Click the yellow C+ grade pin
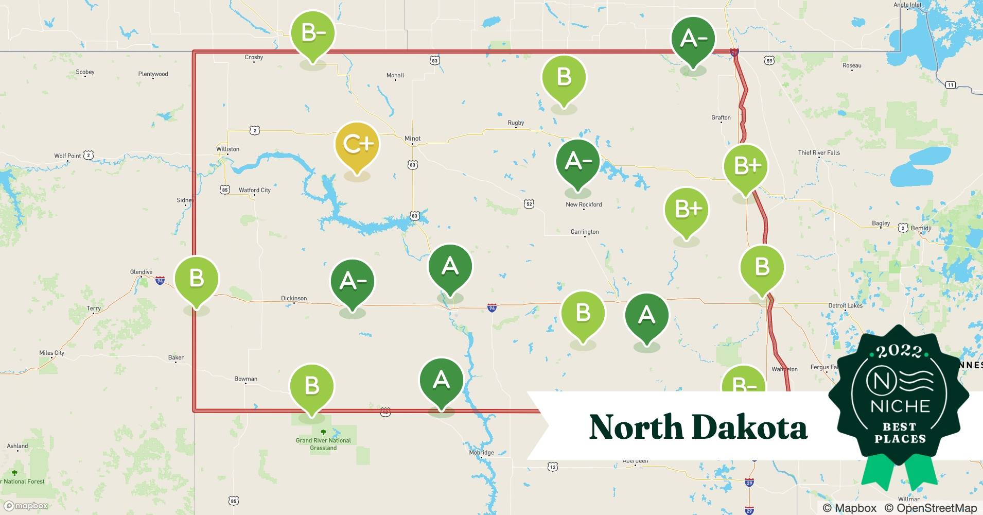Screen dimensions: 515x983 (357, 145)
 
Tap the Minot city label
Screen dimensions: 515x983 (412, 139)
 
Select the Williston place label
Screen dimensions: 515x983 (227, 149)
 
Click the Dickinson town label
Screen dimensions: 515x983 (294, 298)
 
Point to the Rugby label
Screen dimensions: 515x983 (516, 123)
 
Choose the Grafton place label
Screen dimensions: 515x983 (721, 117)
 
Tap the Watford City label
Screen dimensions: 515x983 (254, 190)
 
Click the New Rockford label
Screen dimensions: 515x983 (584, 204)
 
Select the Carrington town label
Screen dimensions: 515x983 (585, 232)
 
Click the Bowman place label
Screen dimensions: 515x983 (245, 379)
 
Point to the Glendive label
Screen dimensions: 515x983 (141, 272)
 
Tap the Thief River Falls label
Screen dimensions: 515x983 (819, 152)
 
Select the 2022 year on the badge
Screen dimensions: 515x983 (899, 351)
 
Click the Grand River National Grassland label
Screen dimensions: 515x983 (323, 444)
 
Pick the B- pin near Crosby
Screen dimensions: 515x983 (312, 34)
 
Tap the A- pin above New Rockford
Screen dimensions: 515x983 (577, 162)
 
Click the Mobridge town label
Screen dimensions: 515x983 (481, 453)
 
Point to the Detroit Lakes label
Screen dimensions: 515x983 (845, 305)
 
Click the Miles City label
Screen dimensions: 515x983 (51, 353)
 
